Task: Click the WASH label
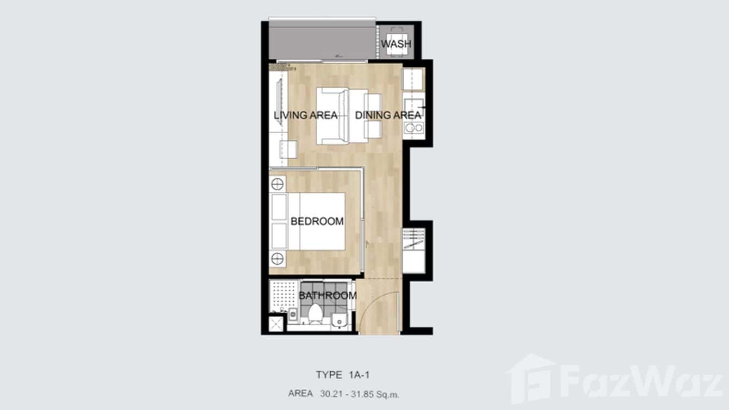pos(396,44)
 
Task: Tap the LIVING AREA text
pos(306,115)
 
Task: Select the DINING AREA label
pos(388,115)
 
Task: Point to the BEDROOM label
pos(317,221)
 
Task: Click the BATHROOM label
pos(328,296)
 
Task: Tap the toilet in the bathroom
pos(315,314)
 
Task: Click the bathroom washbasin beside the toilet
pos(340,320)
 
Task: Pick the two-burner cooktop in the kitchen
pos(414,128)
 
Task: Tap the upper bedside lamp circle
pos(277,184)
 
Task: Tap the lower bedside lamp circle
pos(277,259)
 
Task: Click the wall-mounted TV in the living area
pos(280,101)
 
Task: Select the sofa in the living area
pos(332,116)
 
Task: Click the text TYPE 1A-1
pos(343,375)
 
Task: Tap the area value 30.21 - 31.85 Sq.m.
pos(360,394)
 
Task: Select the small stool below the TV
pos(288,150)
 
